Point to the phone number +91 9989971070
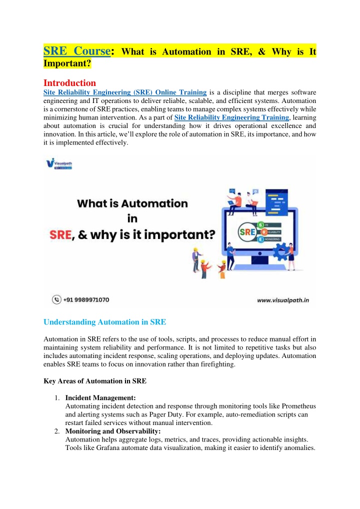click(86, 299)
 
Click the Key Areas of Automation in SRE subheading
click(95, 381)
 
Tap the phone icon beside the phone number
click(56, 299)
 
